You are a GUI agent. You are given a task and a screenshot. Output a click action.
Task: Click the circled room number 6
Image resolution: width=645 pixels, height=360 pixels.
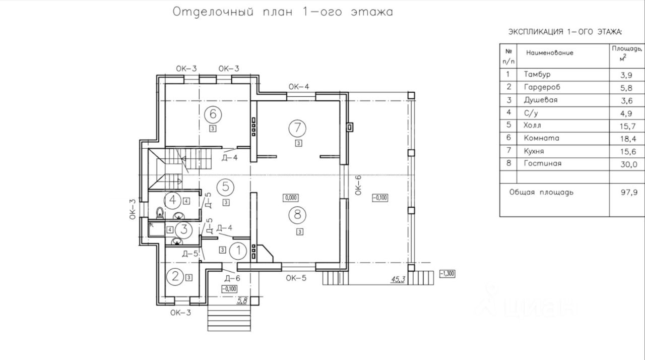coord(213,114)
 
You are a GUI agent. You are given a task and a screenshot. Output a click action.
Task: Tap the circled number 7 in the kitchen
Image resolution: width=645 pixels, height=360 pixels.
coord(297,128)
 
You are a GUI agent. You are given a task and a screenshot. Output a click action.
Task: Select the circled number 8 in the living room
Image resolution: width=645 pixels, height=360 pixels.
coord(297,215)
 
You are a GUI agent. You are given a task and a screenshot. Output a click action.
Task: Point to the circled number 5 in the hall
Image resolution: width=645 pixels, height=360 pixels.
coord(225,187)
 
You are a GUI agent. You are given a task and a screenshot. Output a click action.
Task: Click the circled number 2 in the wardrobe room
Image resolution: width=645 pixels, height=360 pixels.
coord(175,276)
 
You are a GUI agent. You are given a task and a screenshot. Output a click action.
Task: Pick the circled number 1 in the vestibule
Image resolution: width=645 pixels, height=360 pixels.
coord(238,251)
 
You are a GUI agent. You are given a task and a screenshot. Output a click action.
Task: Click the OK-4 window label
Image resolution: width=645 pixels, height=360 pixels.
coord(299,86)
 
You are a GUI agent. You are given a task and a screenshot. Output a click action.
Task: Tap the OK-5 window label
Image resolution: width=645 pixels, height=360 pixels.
coord(296,278)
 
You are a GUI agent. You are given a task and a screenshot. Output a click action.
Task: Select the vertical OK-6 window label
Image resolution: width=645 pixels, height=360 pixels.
coord(358,185)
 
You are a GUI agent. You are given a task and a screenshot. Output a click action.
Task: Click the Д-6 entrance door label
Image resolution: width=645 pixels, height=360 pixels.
coord(232,278)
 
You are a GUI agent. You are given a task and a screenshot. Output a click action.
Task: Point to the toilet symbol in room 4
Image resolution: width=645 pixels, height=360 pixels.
coord(160,213)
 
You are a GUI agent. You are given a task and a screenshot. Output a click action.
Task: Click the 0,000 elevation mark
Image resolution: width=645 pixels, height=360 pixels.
coord(291,198)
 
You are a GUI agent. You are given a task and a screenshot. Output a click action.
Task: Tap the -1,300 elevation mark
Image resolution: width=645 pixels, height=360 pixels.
coord(447,274)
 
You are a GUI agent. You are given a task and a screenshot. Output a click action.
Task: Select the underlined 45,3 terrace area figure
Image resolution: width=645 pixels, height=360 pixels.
coord(398,279)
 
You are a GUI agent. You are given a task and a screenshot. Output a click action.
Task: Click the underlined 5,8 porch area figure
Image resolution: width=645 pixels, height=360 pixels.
coord(242,301)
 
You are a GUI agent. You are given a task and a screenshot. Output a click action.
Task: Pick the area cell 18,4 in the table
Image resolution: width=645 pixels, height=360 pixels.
coord(628,139)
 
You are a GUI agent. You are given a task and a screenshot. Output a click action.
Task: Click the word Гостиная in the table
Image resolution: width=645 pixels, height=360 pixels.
coord(543,163)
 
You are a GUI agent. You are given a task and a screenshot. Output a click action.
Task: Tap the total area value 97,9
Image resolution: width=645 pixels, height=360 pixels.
coord(629,192)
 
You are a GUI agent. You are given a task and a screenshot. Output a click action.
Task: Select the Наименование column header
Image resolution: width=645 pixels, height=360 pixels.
coord(550,53)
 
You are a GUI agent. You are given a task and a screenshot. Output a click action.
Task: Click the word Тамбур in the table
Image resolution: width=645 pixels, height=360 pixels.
coord(537,74)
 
